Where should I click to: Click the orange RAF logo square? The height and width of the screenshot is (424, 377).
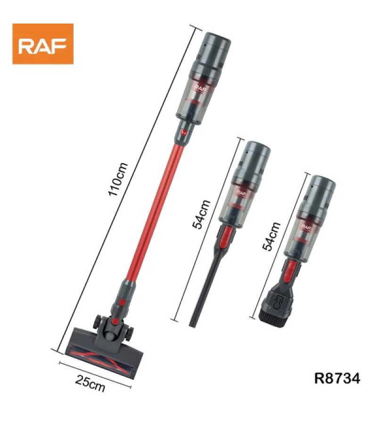tap(43, 44)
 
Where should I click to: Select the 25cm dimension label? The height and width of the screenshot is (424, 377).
tap(90, 383)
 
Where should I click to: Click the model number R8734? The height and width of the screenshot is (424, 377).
tap(337, 378)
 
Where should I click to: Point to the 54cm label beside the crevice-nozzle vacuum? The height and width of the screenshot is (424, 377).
tap(201, 214)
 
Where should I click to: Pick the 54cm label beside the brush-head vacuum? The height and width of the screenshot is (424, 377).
tap(271, 236)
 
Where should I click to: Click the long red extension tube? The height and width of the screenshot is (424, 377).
tap(155, 212)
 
